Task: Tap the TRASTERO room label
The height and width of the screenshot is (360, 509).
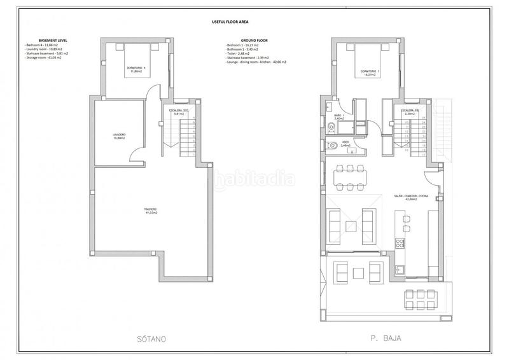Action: pos(150,211)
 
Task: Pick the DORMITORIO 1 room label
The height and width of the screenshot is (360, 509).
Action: pos(369,73)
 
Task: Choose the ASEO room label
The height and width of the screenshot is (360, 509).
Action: pos(345,144)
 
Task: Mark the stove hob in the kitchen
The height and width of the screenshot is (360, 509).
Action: pos(400,244)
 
